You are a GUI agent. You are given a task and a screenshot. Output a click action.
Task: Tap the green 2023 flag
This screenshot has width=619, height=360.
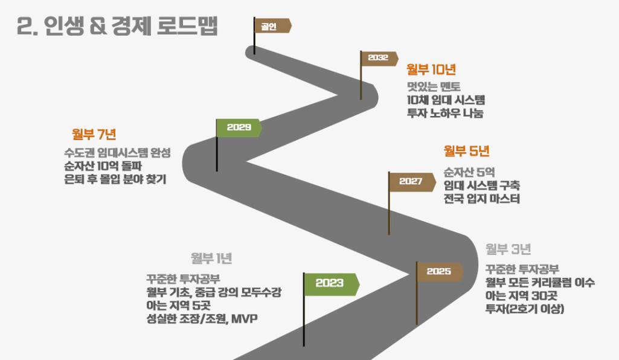[x=330, y=283]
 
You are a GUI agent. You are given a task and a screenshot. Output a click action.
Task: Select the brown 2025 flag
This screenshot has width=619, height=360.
[x=439, y=272]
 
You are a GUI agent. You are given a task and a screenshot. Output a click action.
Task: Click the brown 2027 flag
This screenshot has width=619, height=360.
[x=411, y=181]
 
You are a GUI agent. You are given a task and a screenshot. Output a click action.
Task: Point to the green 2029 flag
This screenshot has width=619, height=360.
[x=239, y=127]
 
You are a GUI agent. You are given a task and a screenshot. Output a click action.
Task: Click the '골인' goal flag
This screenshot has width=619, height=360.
[x=271, y=26]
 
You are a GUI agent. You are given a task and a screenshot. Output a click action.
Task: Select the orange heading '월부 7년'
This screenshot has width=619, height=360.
[x=94, y=133]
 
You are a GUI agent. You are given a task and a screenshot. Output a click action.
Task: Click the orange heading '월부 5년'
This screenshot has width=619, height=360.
[x=467, y=151]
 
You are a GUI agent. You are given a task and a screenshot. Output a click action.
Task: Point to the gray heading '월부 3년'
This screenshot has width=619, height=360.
[x=508, y=249]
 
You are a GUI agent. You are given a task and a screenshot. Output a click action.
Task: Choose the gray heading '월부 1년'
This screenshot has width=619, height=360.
[x=211, y=259]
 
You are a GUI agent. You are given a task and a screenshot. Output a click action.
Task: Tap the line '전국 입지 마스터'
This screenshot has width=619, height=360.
[x=481, y=199]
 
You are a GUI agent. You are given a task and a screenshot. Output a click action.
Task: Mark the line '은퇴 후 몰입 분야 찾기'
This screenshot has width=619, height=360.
[x=115, y=179]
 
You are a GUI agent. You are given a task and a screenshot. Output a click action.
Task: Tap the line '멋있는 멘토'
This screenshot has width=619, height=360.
[x=434, y=86]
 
